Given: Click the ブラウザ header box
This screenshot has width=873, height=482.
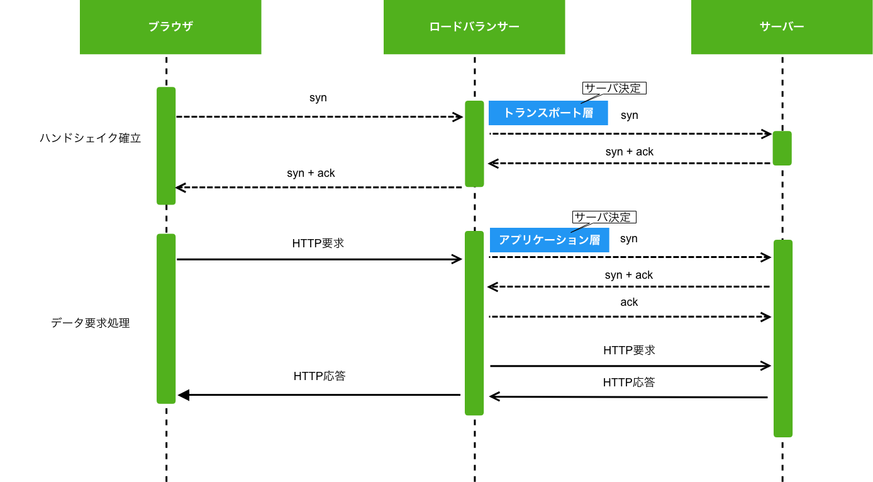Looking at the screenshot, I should pos(170,26).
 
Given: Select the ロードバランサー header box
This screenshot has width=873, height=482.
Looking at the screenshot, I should pos(474,26).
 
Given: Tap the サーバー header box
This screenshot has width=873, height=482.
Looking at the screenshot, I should pos(782,26).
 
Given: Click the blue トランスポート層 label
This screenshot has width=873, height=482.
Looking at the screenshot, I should pos(548,113).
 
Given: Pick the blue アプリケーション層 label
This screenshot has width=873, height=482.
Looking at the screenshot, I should pos(549,240).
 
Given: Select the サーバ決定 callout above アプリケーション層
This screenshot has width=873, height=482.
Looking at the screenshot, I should pos(604,217).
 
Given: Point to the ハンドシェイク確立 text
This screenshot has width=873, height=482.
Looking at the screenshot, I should pos(90,138).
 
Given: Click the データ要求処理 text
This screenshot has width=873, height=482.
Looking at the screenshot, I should pos(90,323).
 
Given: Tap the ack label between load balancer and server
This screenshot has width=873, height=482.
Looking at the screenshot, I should pos(629,302).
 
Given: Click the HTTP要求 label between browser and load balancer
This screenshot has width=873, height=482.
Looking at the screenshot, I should pos(318,243).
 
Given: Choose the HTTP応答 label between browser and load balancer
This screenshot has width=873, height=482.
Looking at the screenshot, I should pos(320,376).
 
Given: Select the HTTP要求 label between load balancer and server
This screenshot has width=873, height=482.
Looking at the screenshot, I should pos(629,350).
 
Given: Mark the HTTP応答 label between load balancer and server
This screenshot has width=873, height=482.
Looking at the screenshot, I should pos(629,382).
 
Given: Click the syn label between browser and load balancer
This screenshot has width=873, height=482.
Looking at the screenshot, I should pos(318,98).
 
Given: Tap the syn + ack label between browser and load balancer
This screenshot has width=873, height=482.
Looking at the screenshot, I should pos(311,173).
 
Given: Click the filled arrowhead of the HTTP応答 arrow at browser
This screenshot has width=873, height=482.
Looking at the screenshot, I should pos(183,395).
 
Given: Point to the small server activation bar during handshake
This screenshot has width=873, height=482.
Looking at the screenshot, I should pos(782,149).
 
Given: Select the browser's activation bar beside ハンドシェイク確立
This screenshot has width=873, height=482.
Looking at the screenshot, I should pos(166,146).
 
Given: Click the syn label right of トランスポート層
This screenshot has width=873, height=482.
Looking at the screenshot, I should pos(629,115).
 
